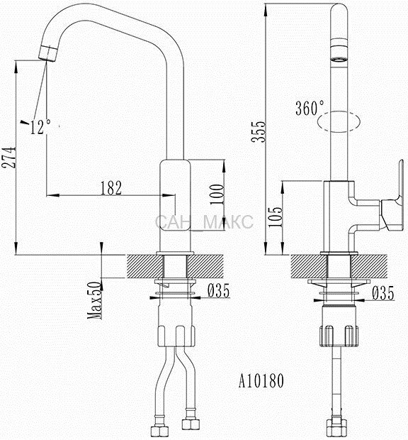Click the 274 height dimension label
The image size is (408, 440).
pos(8,157)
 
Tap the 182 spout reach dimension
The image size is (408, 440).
pos(111,188)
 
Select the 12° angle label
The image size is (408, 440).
pos(40,127)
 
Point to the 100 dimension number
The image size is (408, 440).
pos(217,194)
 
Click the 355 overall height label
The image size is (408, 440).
pos(258,132)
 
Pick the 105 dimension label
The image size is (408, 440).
pos(276,217)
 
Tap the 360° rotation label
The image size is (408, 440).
pos(310,108)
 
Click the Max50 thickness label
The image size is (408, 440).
pos(95,300)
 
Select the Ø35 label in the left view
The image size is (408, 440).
pos(218,290)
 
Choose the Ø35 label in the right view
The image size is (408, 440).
pos(383,293)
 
